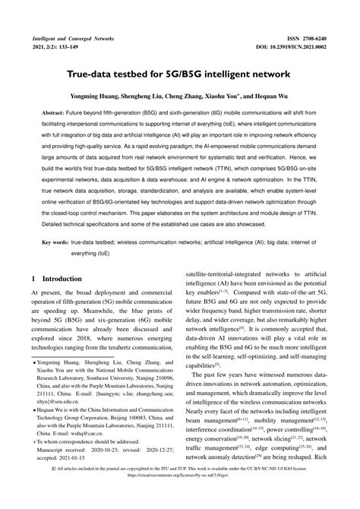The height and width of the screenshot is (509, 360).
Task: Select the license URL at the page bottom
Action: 180,501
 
